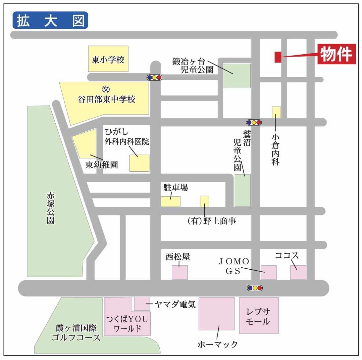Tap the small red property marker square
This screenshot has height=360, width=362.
point(278,57)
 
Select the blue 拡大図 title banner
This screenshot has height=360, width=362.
point(50,20)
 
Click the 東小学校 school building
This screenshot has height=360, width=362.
point(108,59)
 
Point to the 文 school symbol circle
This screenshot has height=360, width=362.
point(106,89)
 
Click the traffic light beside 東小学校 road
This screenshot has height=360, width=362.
point(154,77)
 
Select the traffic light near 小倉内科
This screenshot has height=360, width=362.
point(254,122)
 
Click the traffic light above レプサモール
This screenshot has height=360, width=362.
point(255,288)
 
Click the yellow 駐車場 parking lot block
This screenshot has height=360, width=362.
point(171,202)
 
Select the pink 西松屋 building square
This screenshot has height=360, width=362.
point(180,272)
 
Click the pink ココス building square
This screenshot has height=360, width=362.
point(298,272)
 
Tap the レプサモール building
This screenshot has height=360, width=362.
point(259,315)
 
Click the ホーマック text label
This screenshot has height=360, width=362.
point(218,344)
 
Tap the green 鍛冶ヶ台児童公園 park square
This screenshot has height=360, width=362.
point(237,76)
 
